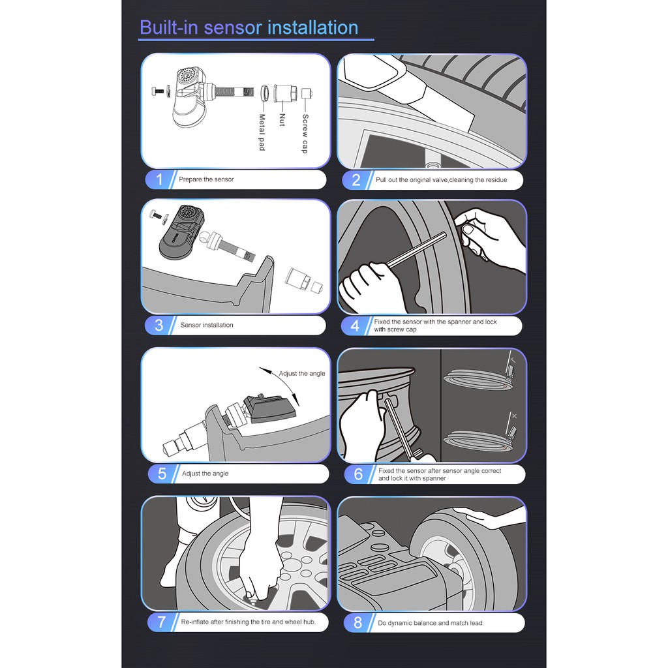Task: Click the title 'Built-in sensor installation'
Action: [x=249, y=27]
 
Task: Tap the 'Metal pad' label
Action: [x=262, y=132]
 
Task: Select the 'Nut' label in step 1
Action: [x=282, y=120]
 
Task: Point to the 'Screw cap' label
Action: [x=305, y=133]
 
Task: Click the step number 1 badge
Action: [x=159, y=179]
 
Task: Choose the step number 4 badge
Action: [x=356, y=326]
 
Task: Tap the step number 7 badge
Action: [x=162, y=622]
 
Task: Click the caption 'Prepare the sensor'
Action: [x=206, y=179]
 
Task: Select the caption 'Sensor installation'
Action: [x=207, y=325]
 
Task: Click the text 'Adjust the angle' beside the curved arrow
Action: [x=301, y=374]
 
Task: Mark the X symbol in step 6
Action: [x=514, y=416]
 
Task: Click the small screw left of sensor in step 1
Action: [x=158, y=91]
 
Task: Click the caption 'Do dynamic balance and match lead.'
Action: [x=431, y=623]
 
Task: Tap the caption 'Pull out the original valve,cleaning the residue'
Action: [x=442, y=180]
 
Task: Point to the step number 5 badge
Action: [x=162, y=474]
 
